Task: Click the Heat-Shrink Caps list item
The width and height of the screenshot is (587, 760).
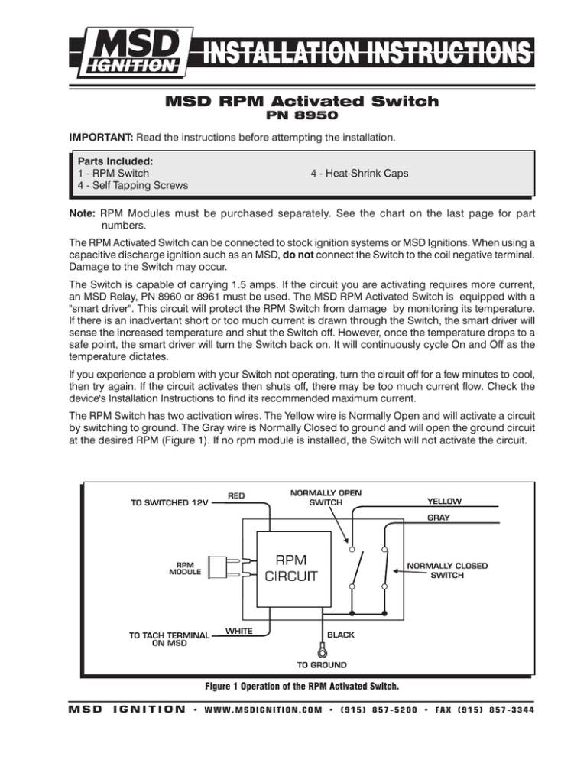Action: [359, 174]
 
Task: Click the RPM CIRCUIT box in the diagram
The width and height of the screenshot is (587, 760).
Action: [303, 567]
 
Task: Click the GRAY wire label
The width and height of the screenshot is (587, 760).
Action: [444, 517]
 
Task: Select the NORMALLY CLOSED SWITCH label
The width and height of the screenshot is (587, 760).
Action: [447, 571]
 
